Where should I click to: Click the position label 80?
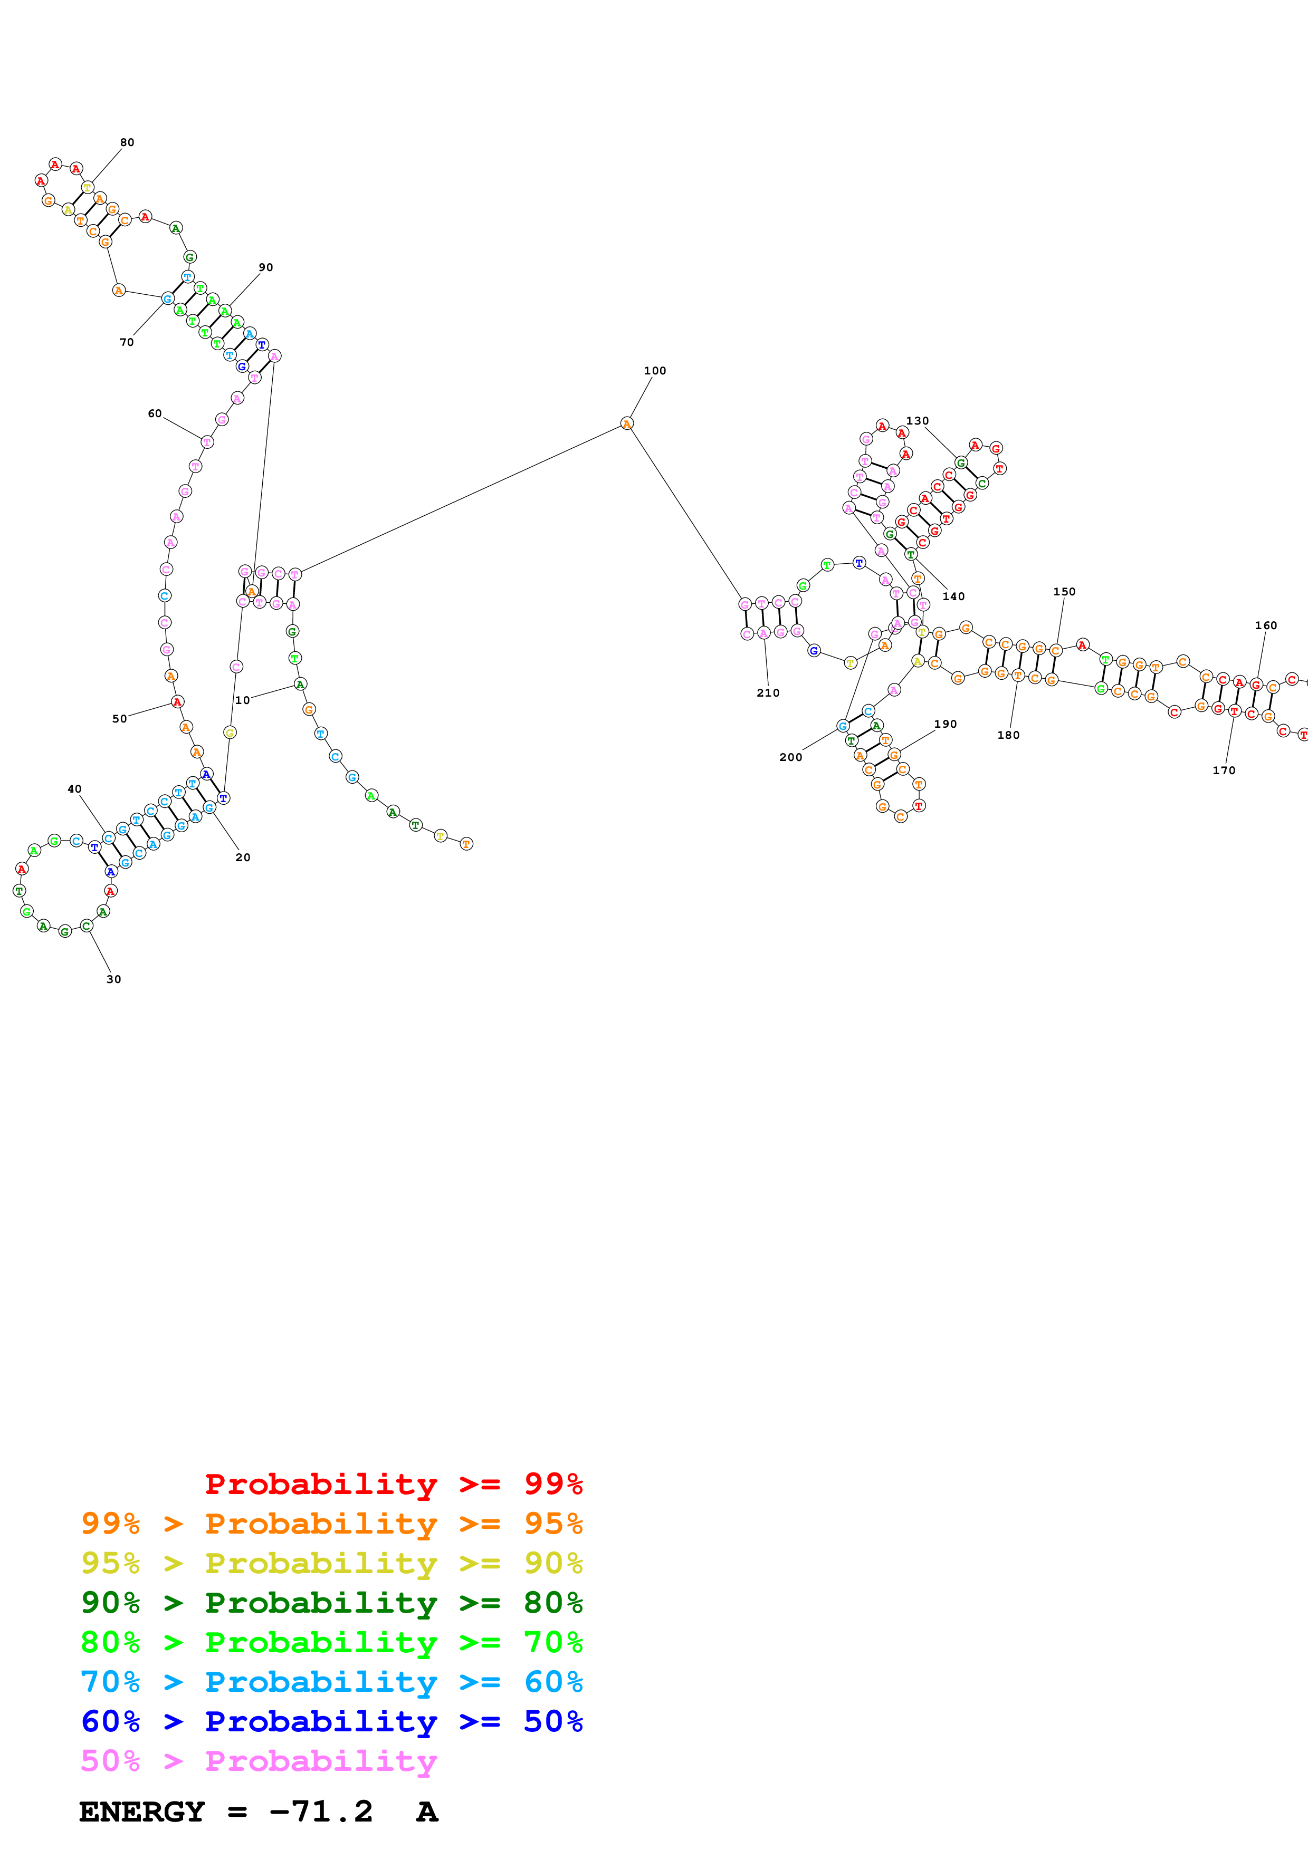(x=127, y=142)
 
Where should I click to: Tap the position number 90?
(x=266, y=267)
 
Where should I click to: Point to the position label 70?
(x=127, y=342)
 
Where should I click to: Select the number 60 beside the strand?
(x=155, y=413)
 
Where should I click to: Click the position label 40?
(x=74, y=789)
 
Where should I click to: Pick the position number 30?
(x=113, y=979)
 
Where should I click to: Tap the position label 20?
(x=243, y=857)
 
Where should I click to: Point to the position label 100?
(x=654, y=371)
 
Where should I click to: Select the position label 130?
(x=917, y=421)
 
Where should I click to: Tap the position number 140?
(x=953, y=596)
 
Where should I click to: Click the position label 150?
(x=1064, y=591)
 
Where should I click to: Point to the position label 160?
(x=1265, y=625)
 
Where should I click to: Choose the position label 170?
(x=1224, y=770)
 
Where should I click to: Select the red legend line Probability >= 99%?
(x=393, y=1483)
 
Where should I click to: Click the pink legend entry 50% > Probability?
(x=258, y=1760)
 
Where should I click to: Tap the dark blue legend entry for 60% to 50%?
(x=331, y=1721)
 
